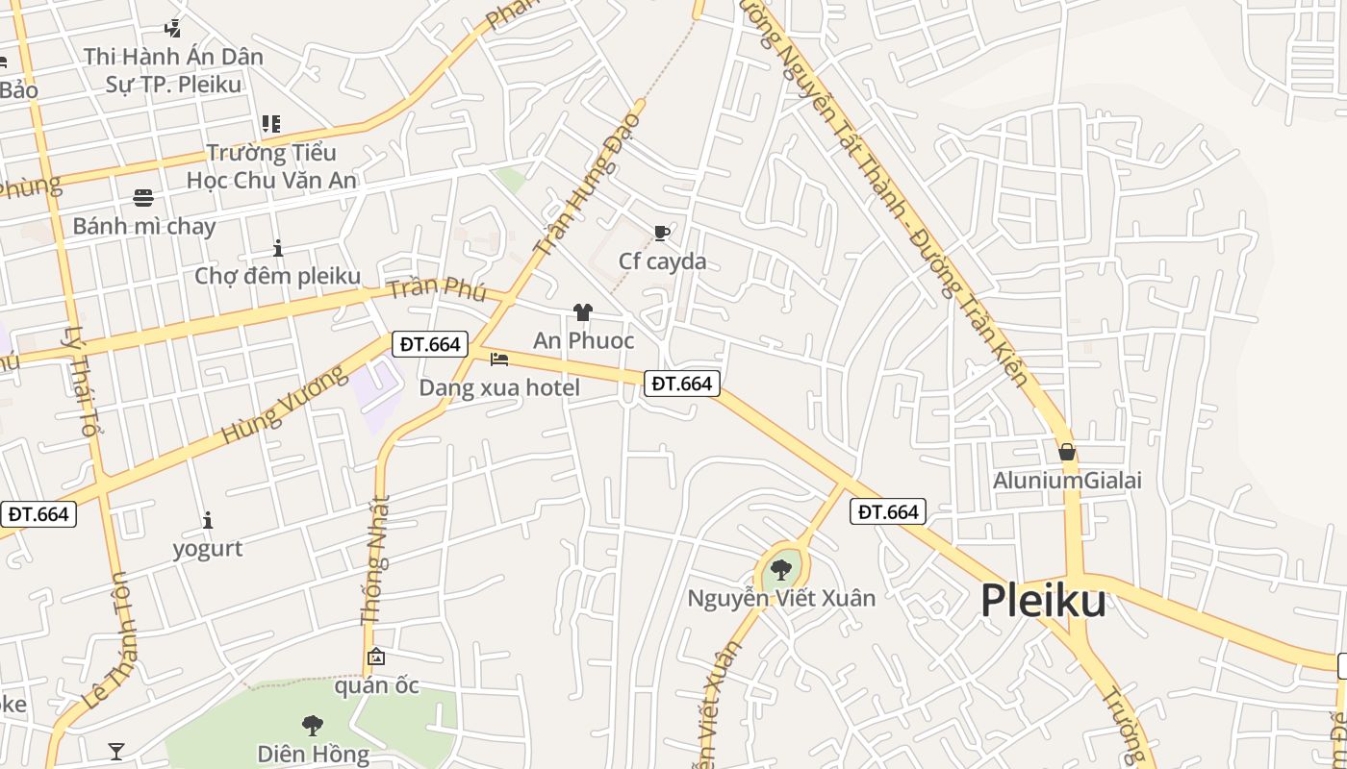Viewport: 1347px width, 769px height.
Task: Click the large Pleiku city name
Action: click(x=1043, y=601)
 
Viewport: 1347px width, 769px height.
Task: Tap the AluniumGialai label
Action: click(x=1067, y=480)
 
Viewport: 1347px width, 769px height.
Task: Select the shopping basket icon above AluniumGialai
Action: click(x=1067, y=452)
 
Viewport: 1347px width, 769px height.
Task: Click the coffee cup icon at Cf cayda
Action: click(x=661, y=233)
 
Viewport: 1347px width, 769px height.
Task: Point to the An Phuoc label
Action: click(x=584, y=340)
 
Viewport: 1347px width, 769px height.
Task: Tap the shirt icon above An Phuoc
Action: click(x=582, y=311)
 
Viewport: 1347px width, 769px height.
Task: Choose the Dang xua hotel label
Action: click(x=499, y=387)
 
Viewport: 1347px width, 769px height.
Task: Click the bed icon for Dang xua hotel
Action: click(x=498, y=359)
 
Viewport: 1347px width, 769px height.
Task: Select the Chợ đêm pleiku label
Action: click(x=277, y=276)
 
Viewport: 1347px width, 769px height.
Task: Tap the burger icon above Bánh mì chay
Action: click(x=143, y=198)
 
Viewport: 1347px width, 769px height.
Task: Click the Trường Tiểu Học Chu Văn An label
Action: click(x=271, y=166)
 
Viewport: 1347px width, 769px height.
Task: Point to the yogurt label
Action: click(x=207, y=549)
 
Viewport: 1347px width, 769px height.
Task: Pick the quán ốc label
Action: click(x=376, y=685)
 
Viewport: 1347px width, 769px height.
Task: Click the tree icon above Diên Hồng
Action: click(x=312, y=725)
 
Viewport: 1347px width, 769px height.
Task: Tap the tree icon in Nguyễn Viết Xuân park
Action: click(x=781, y=570)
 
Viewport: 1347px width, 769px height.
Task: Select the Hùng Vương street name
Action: click(x=285, y=405)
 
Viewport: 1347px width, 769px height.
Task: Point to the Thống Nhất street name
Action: click(x=376, y=559)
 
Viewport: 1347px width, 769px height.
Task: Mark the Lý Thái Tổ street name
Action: click(x=81, y=382)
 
